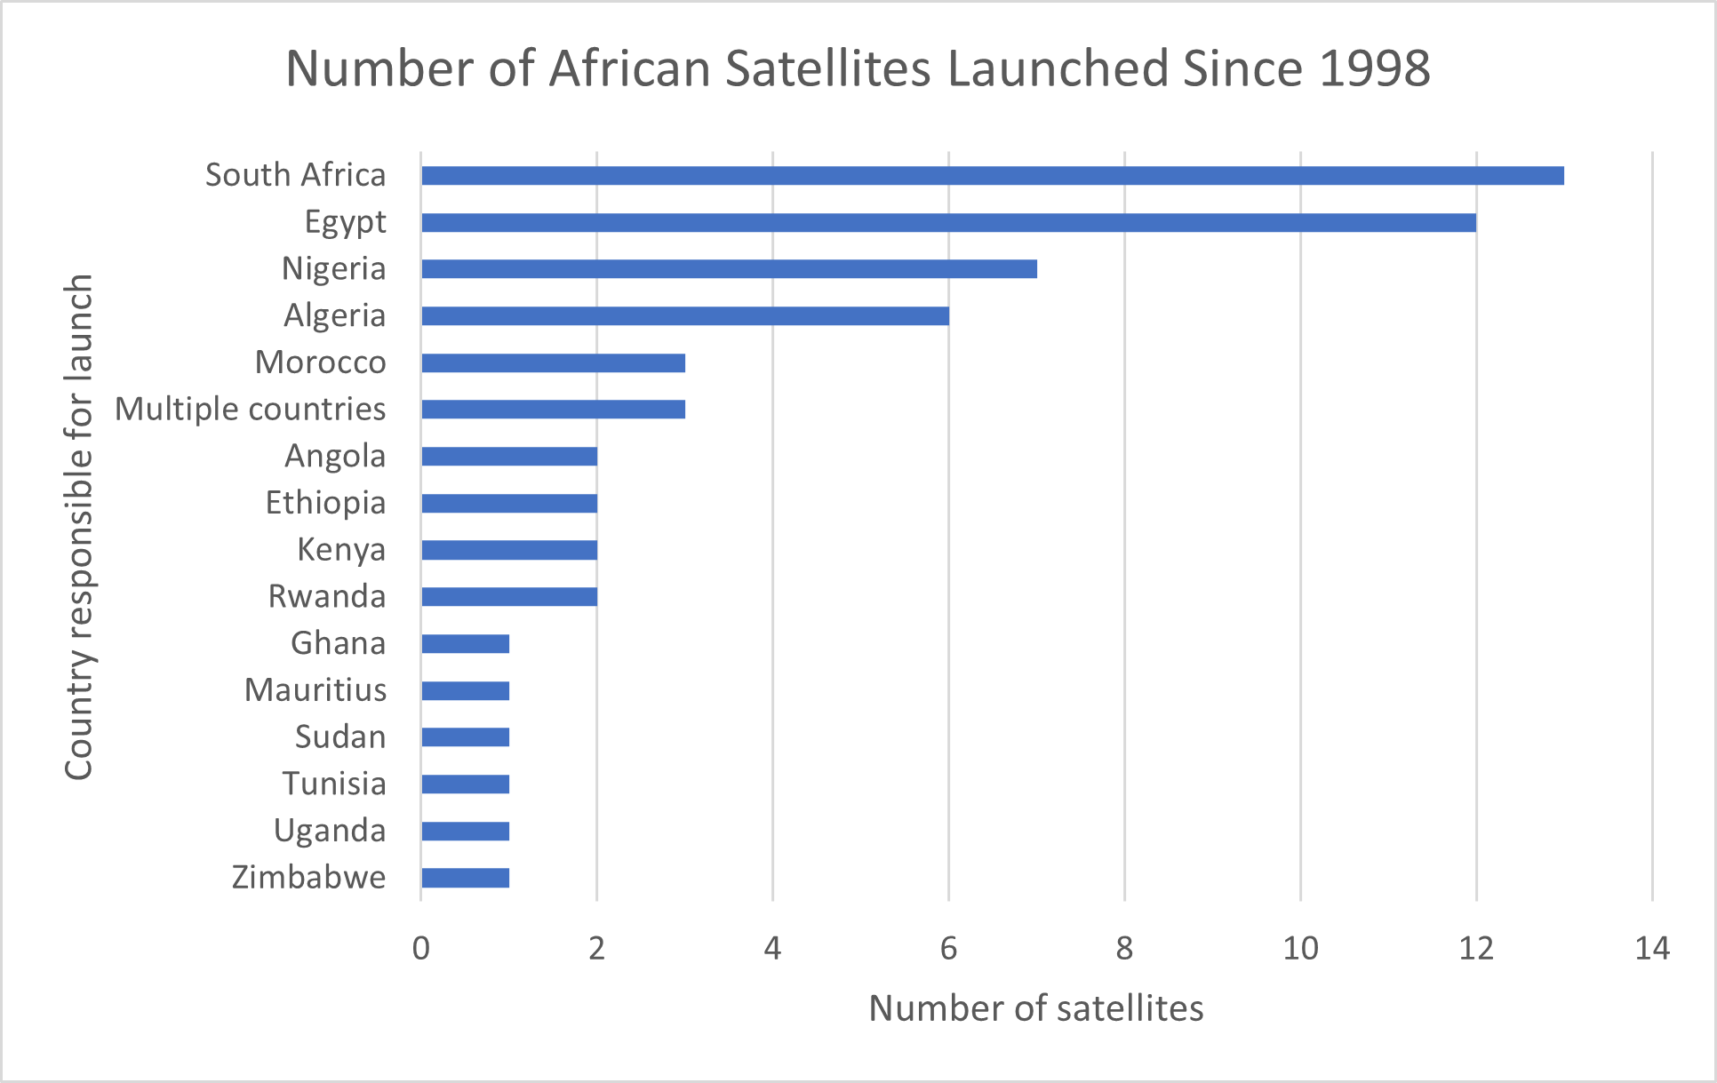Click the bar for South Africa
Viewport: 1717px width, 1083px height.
pyautogui.click(x=992, y=176)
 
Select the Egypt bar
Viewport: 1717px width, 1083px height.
pyautogui.click(x=948, y=222)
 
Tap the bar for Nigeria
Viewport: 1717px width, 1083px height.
pyautogui.click(x=729, y=268)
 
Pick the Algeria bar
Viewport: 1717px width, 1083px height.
pyautogui.click(x=684, y=315)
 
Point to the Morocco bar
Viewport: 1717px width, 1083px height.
pyautogui.click(x=553, y=362)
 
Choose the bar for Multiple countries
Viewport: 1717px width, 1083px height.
pyautogui.click(x=553, y=410)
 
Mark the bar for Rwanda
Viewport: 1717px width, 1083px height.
pyautogui.click(x=509, y=596)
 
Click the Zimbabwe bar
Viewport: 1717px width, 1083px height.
pyautogui.click(x=465, y=878)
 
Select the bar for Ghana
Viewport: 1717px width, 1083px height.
pyautogui.click(x=465, y=643)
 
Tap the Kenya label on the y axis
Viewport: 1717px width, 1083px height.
pyautogui.click(x=341, y=550)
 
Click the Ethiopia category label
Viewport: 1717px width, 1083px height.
pyautogui.click(x=325, y=503)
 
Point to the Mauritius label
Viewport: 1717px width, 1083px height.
pyautogui.click(x=315, y=690)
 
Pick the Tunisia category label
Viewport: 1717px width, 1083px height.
pyautogui.click(x=334, y=784)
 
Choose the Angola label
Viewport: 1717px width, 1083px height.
pyautogui.click(x=335, y=456)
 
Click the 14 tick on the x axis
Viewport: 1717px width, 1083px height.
pyautogui.click(x=1652, y=949)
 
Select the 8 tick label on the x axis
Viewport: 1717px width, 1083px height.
pyautogui.click(x=1124, y=949)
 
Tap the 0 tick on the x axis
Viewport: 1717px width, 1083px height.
pyautogui.click(x=421, y=949)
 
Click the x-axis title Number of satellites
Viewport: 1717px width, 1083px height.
pyautogui.click(x=1035, y=1008)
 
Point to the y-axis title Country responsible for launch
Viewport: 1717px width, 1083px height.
pyautogui.click(x=79, y=527)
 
